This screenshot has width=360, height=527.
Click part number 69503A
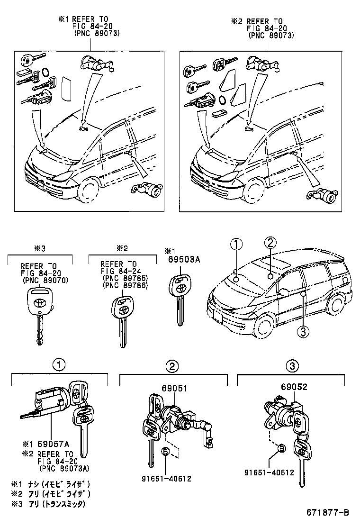[x=181, y=259]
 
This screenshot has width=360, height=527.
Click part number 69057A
[x=53, y=444]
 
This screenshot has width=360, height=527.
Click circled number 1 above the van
[x=236, y=244]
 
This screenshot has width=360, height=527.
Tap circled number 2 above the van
[x=269, y=243]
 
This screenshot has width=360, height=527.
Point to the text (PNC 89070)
[x=45, y=280]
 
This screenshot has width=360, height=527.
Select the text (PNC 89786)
[x=126, y=286]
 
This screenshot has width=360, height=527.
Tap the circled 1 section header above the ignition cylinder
[x=58, y=365]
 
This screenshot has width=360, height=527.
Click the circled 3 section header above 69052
[x=292, y=365]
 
